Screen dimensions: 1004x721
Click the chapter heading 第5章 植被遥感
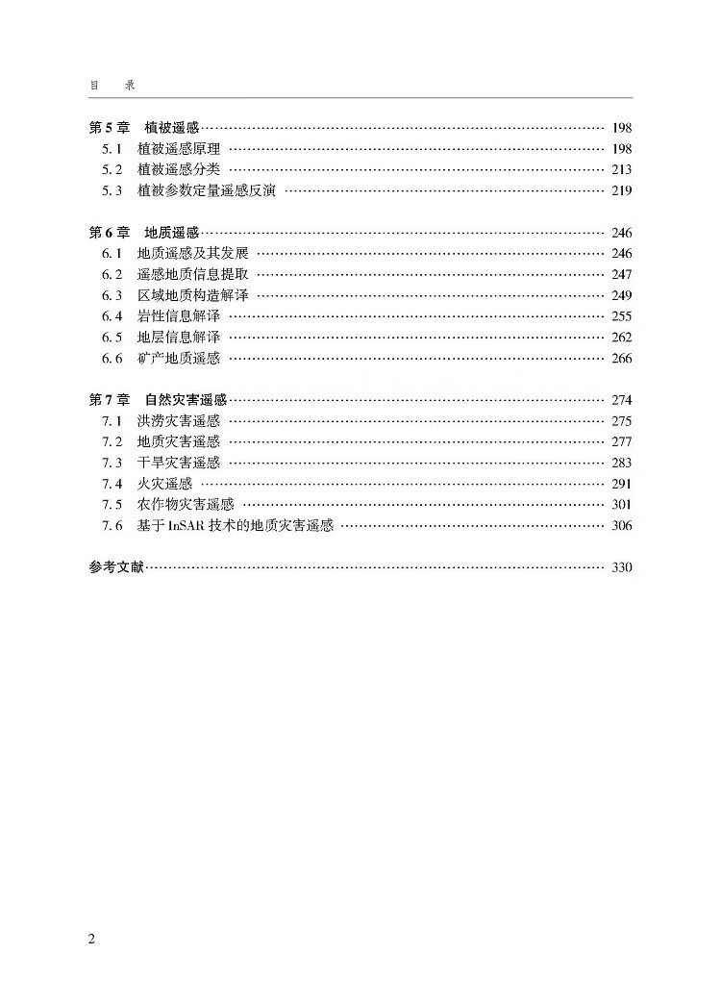point(143,128)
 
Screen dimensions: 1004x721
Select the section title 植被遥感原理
point(179,149)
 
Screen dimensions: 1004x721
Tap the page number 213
point(621,170)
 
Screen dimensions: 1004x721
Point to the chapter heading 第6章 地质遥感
point(143,233)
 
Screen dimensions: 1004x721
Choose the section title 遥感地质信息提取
point(192,274)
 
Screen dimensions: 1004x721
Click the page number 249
point(621,295)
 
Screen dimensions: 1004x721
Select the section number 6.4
point(112,316)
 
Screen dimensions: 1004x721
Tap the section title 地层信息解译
point(179,338)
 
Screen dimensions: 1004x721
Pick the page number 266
point(621,359)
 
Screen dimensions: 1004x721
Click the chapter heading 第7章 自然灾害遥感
point(158,400)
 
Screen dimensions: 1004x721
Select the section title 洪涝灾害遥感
point(179,421)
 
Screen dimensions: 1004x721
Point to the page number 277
point(621,442)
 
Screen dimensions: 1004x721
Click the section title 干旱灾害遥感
point(179,463)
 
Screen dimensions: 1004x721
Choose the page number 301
point(621,505)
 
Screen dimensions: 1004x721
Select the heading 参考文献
point(115,567)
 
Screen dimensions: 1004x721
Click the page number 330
point(621,567)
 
